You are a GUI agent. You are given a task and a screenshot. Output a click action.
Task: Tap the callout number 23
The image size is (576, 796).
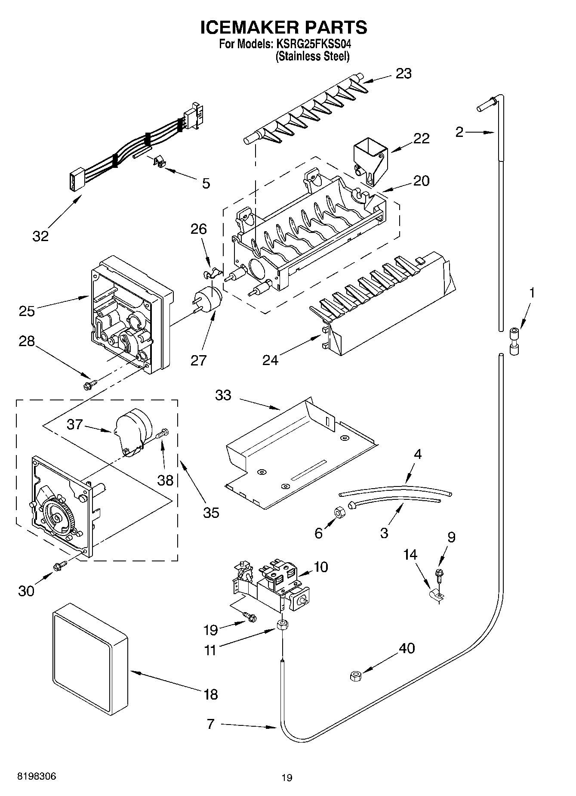pos(403,74)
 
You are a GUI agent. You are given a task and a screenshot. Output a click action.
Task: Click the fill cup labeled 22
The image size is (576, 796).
pos(370,160)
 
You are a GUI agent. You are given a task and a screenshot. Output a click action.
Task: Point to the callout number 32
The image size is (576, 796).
pos(40,236)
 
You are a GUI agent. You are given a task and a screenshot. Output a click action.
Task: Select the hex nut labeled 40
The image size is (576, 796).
pos(355,676)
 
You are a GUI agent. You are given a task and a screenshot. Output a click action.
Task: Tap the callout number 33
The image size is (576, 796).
pos(223,395)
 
